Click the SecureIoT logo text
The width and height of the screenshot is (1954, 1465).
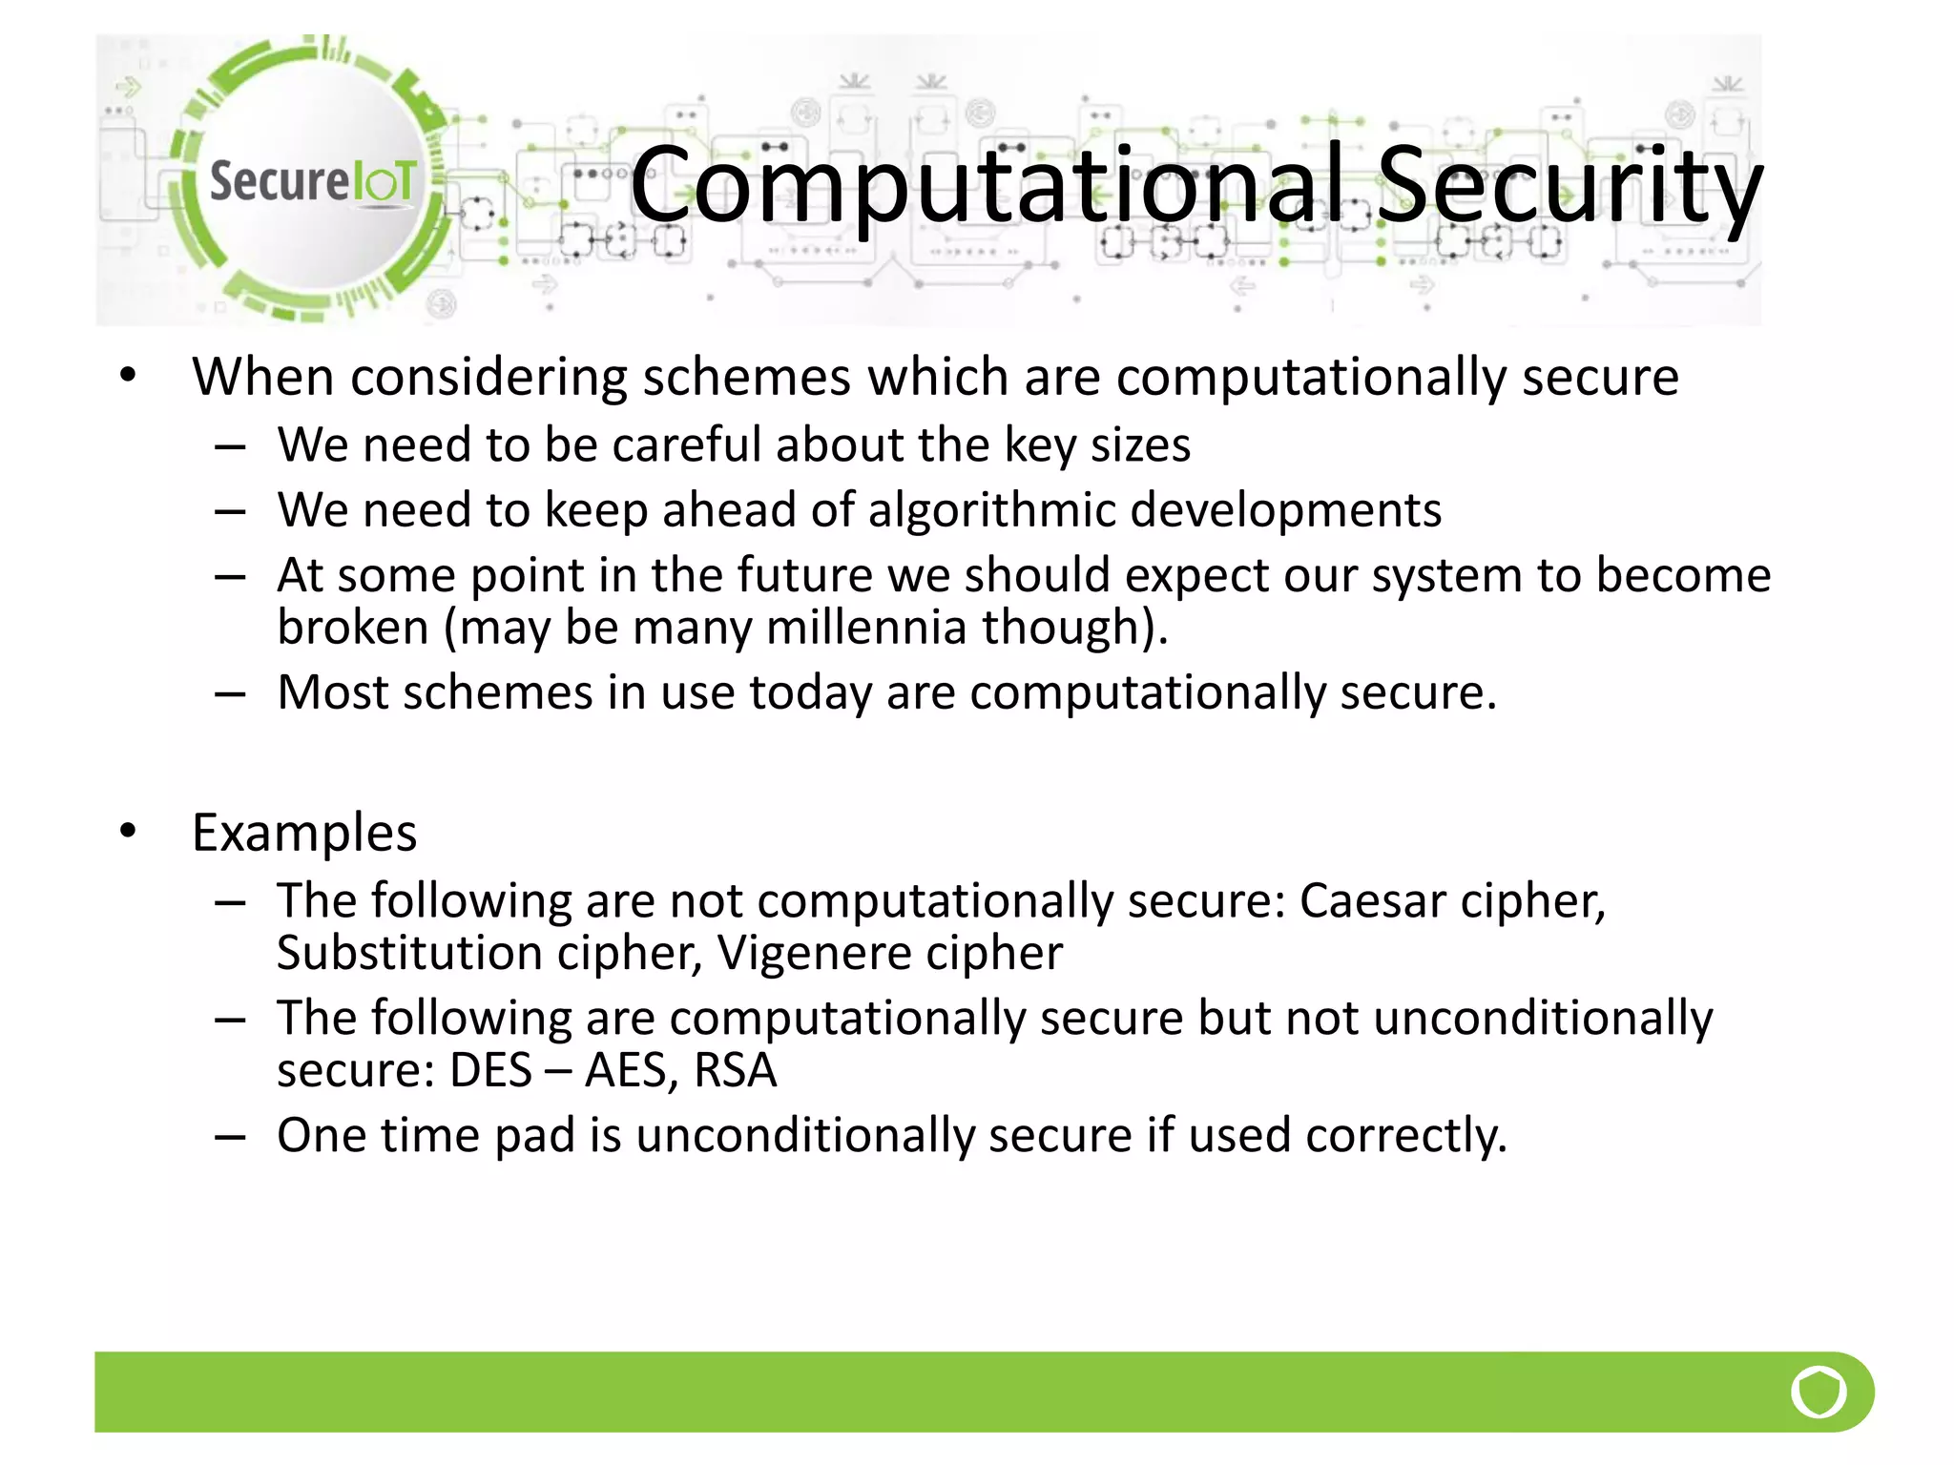pos(313,180)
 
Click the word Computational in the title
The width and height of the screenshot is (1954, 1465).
pos(992,184)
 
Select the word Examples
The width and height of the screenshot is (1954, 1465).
pos(304,833)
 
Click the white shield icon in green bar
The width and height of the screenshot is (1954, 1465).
pos(1819,1392)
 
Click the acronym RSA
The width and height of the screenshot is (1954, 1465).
pos(736,1070)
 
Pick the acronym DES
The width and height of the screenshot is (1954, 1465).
pos(490,1070)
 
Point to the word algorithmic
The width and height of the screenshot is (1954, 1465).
pos(991,510)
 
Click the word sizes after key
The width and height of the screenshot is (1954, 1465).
pos(1140,445)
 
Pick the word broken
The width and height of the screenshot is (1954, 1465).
pos(353,628)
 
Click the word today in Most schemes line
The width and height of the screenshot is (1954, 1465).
pos(810,692)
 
